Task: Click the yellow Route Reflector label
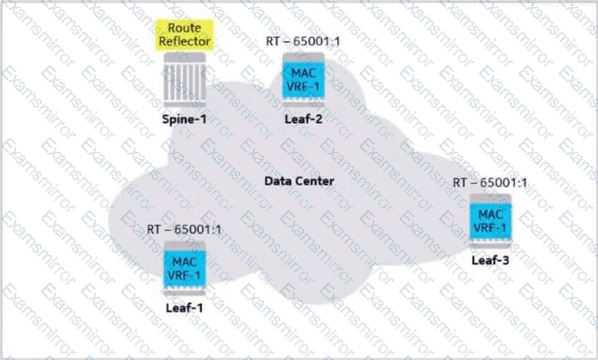coord(185,34)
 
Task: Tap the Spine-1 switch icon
coord(185,80)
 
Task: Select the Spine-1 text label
coord(185,119)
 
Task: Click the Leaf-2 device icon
coord(303,80)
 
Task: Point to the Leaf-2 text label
coord(303,119)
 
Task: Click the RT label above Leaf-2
coord(303,42)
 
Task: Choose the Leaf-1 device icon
coord(185,268)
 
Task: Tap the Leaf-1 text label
coord(185,308)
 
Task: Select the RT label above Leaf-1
coord(184,230)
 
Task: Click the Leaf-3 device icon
coord(490,221)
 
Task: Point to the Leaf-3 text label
coord(490,260)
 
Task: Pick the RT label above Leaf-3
coord(490,183)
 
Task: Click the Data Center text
coord(299,180)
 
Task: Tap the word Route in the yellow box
coord(185,27)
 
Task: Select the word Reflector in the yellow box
coord(185,42)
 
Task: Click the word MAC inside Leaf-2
coord(303,73)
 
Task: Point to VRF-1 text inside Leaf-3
coord(490,227)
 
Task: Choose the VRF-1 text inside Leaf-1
coord(185,275)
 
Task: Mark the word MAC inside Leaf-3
coord(490,214)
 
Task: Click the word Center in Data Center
coord(315,180)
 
